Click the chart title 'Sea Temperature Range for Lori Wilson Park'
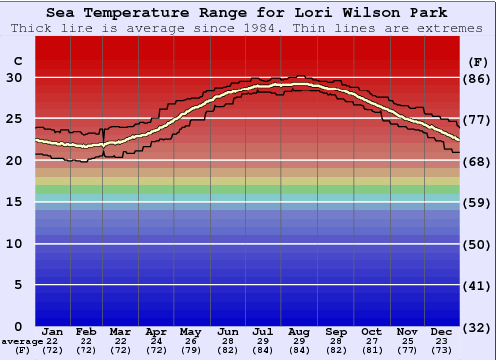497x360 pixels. click(248, 12)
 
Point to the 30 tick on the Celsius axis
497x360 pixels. click(15, 78)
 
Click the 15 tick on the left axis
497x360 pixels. click(15, 202)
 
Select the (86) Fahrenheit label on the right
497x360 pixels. click(478, 78)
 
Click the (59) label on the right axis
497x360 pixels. click(478, 202)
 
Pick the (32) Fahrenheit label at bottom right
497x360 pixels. click(478, 327)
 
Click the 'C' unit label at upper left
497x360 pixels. click(16, 62)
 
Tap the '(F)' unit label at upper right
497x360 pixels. click(478, 62)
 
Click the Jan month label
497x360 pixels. click(53, 331)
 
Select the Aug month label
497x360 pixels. click(300, 331)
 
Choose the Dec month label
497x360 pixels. click(442, 331)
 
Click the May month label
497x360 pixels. click(192, 331)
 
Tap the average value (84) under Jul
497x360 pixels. click(264, 350)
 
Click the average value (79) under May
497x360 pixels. click(192, 350)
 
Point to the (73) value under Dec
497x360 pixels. click(442, 350)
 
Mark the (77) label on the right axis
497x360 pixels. click(478, 119)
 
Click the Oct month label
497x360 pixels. click(371, 331)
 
